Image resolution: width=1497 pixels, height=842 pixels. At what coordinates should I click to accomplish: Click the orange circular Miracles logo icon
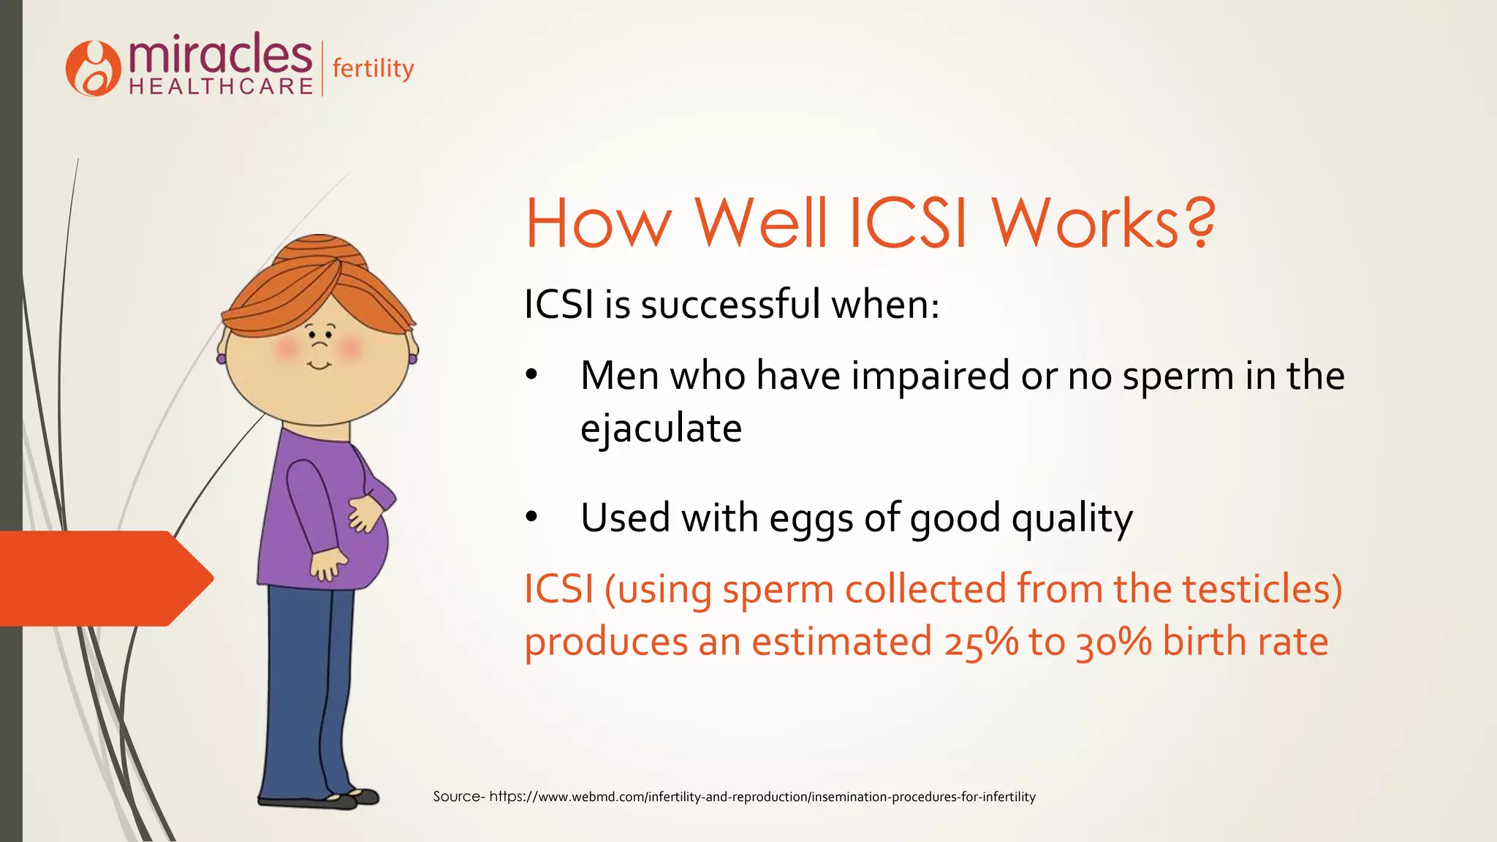coord(93,69)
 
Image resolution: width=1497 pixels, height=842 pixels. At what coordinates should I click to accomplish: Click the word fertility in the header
coord(373,69)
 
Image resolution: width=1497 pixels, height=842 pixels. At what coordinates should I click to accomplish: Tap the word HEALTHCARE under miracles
coord(221,86)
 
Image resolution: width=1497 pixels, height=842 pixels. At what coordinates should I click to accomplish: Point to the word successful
coord(730,304)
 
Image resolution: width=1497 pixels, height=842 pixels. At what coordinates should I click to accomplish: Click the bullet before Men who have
coord(531,376)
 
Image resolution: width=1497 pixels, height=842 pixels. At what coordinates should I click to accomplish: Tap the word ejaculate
coord(661,428)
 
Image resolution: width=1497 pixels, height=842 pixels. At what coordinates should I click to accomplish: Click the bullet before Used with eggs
coord(531,517)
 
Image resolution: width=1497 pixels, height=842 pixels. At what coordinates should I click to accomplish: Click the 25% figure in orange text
coord(981,642)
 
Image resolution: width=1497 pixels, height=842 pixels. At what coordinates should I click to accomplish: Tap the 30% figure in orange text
coord(1113,642)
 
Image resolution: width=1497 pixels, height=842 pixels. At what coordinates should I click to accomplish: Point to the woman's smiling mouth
coord(319,365)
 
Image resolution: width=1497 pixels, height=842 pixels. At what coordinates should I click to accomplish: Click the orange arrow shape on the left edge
coord(102,578)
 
